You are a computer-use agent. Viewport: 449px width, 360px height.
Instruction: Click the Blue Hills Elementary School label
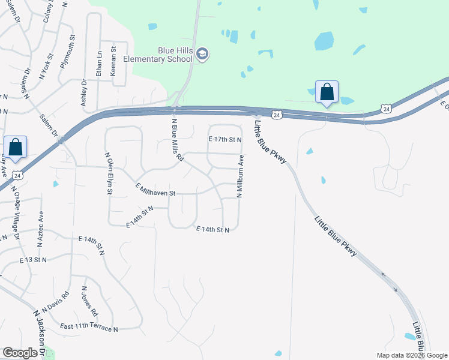tap(158, 55)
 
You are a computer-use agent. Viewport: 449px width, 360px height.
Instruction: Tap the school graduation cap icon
tap(203, 55)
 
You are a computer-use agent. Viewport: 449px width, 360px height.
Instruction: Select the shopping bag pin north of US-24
tap(327, 92)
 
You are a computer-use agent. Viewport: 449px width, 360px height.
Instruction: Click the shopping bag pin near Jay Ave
tap(15, 148)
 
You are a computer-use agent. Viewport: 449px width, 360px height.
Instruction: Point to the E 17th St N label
tap(224, 139)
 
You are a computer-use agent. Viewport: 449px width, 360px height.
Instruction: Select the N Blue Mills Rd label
tap(177, 139)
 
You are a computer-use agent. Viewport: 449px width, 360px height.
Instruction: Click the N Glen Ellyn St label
tap(109, 173)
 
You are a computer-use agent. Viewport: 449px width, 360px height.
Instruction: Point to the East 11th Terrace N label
tap(89, 328)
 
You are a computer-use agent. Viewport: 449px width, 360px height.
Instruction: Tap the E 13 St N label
tap(32, 260)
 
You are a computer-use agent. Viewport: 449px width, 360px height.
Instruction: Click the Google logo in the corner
tap(20, 353)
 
